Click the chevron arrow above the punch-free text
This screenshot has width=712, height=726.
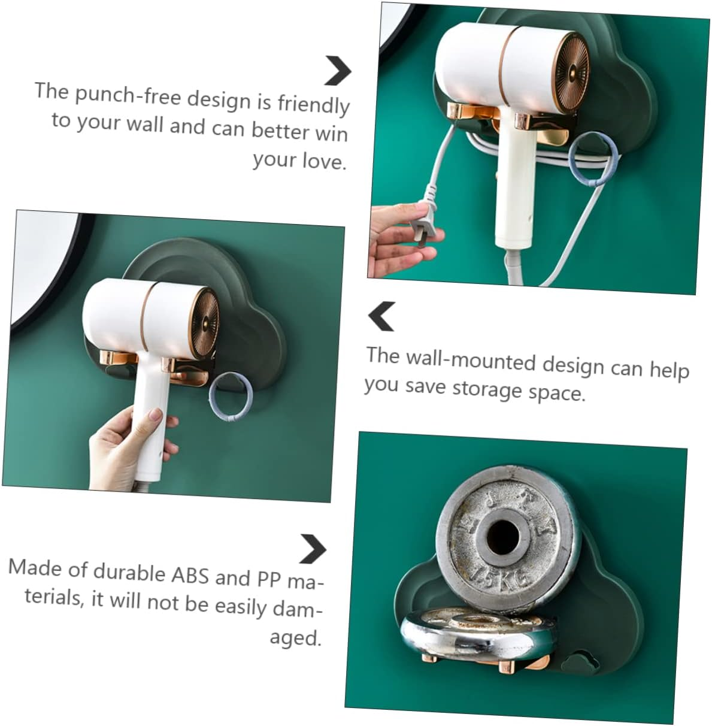338,71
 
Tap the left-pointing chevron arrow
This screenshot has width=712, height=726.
381,316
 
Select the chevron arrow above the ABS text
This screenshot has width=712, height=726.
312,549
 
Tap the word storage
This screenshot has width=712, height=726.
487,389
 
